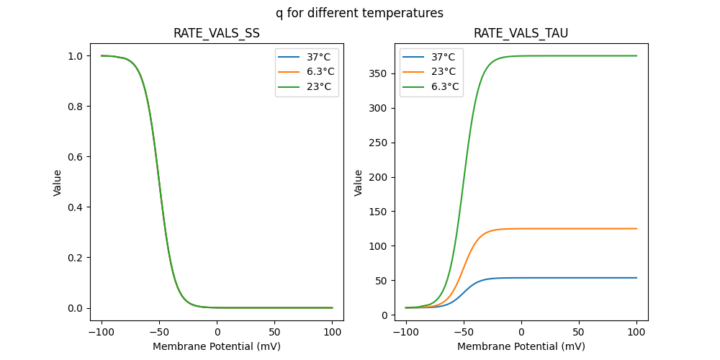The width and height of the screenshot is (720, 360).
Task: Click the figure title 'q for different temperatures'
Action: tap(359, 13)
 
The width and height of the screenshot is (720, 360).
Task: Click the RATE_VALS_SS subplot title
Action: tap(217, 33)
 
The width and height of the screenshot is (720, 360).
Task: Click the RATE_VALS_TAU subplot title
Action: tap(521, 33)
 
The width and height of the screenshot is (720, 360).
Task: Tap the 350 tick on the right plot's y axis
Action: tap(379, 73)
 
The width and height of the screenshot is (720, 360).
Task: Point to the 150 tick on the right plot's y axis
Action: tap(379, 212)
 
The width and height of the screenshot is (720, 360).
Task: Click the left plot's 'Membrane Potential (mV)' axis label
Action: tap(217, 346)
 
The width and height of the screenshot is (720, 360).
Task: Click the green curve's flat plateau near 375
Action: tap(576, 55)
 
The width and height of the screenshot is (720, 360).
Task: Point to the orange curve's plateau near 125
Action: tap(576, 228)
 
